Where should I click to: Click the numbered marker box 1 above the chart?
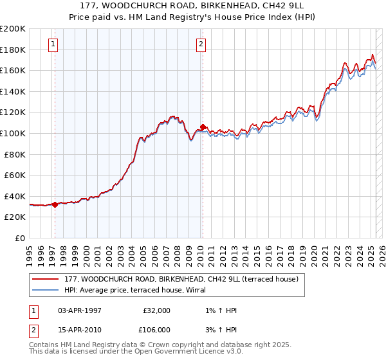[x=52, y=44]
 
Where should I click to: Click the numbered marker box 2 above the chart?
[x=201, y=44]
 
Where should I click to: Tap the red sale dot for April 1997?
[x=55, y=205]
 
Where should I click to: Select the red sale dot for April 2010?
[x=203, y=127]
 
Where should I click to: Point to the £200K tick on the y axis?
[x=13, y=29]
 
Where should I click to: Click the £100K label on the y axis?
[x=13, y=133]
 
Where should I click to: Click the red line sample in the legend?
[x=46, y=280]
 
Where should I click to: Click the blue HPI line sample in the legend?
[x=46, y=290]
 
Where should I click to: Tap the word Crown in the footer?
[x=178, y=345]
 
